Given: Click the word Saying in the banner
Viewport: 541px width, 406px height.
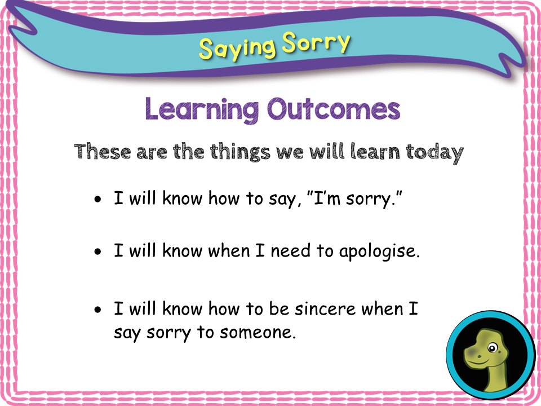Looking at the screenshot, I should point(237,48).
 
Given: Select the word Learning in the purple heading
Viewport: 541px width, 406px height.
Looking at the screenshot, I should point(203,109).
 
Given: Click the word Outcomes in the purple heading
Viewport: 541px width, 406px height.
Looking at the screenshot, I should point(334,109).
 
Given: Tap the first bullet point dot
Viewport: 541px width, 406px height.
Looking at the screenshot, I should point(99,200).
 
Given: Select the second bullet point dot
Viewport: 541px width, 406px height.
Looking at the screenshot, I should point(99,252).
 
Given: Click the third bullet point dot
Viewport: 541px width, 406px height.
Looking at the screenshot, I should point(99,310).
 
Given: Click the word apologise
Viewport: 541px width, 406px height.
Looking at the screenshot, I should point(379,251).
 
